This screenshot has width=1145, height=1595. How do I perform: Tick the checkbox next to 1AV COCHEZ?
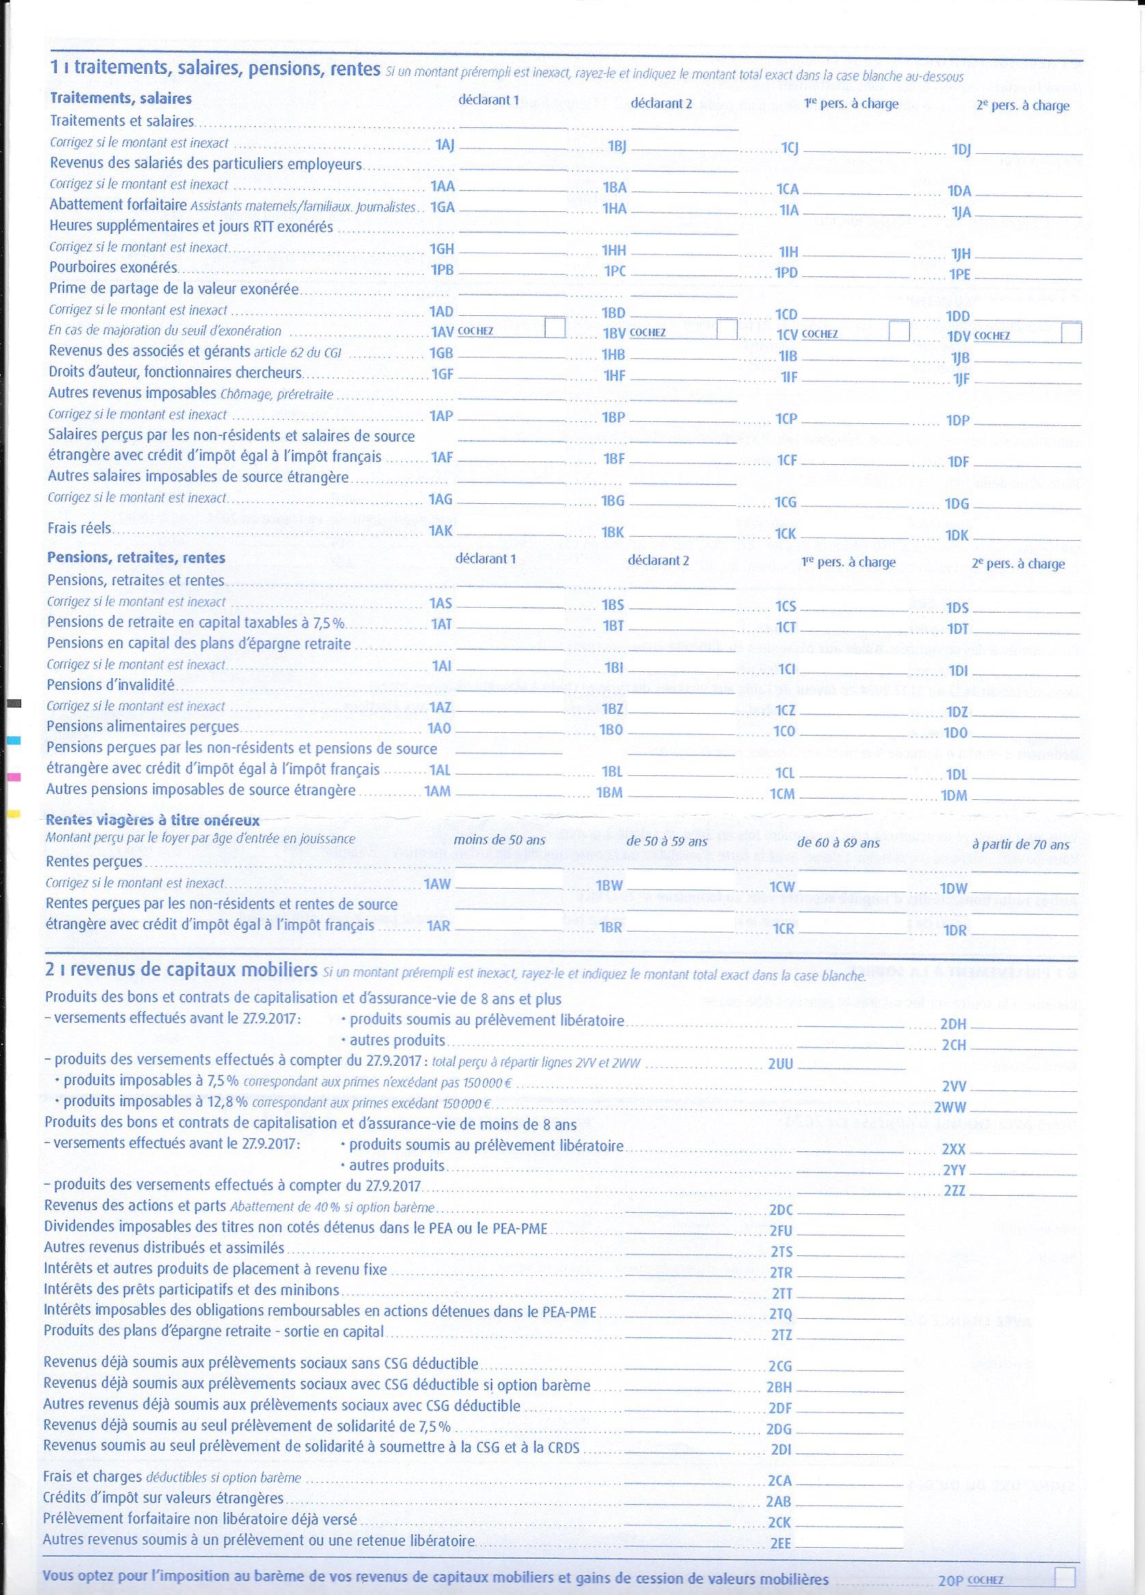tap(555, 328)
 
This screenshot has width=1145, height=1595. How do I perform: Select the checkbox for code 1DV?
tap(1071, 334)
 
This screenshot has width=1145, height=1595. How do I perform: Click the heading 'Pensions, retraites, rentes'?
tap(136, 559)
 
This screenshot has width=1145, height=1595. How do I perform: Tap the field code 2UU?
tap(781, 1064)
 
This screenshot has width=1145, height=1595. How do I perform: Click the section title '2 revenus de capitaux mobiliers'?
tap(180, 971)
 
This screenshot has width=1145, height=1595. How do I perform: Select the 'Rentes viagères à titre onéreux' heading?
tap(152, 820)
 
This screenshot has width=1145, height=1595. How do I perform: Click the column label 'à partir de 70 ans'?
tap(1020, 844)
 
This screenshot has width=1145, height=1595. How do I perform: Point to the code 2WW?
tap(954, 1108)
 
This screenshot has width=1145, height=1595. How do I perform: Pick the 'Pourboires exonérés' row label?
tap(113, 268)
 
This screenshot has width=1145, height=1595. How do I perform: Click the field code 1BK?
tap(613, 533)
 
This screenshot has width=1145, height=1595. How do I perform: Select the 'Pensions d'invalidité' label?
tap(111, 684)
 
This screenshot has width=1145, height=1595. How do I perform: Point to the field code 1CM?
tap(781, 793)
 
